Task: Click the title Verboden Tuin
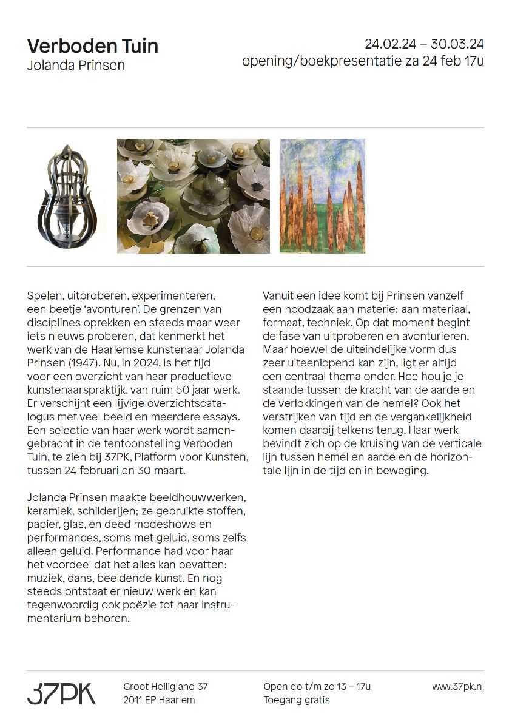(x=93, y=46)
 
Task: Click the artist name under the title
(x=76, y=66)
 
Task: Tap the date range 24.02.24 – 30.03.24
(x=424, y=44)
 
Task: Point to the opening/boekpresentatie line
(x=363, y=61)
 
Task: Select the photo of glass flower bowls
(x=193, y=196)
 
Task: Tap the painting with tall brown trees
(x=322, y=196)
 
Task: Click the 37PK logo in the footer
(x=61, y=693)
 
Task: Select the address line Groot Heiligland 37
(x=166, y=687)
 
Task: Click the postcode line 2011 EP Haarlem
(x=159, y=700)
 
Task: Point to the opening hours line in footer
(x=317, y=687)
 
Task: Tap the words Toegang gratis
(x=297, y=700)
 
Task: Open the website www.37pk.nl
(x=458, y=687)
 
